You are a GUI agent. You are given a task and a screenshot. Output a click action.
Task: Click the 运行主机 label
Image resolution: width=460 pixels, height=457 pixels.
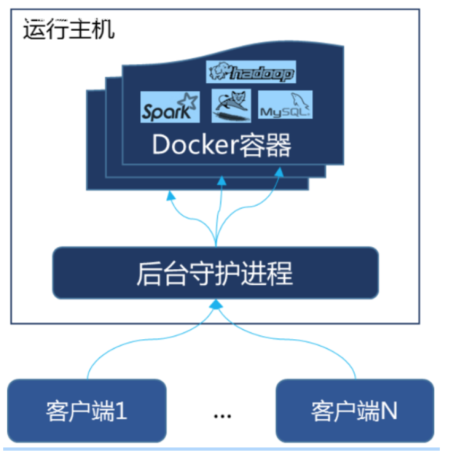coord(69,30)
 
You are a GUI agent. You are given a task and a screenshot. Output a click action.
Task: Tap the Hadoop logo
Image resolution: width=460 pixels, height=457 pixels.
coord(251,72)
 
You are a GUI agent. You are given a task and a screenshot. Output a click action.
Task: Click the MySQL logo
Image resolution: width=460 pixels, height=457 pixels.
coord(285,105)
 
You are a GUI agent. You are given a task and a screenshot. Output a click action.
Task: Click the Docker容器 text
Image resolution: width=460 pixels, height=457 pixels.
coord(222,145)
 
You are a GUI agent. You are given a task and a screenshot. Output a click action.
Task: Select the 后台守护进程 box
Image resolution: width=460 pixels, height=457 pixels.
coord(215,273)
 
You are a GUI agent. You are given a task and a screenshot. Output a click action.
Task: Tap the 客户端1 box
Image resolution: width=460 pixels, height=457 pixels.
coord(87,409)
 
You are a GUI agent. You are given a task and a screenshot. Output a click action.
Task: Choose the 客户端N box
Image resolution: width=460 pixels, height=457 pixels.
coord(355,409)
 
